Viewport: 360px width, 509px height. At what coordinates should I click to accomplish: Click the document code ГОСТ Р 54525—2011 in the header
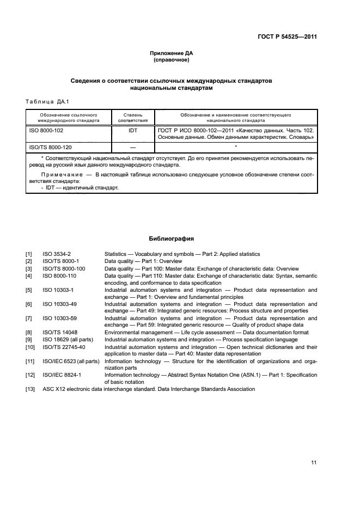pyautogui.click(x=288, y=37)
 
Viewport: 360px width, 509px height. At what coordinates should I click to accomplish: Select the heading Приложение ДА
pyautogui.click(x=172, y=53)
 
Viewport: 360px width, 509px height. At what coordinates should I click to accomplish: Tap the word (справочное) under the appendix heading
pyautogui.click(x=172, y=60)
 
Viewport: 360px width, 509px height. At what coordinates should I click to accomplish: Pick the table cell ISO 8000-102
pyautogui.click(x=46, y=131)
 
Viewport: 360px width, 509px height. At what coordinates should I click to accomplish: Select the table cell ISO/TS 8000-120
pyautogui.click(x=50, y=147)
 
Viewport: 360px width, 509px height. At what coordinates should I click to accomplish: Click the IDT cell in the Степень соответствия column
pyautogui.click(x=133, y=131)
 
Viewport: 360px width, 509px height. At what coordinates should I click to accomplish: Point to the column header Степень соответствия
pyautogui.click(x=133, y=118)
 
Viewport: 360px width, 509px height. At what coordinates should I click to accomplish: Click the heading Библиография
pyautogui.click(x=172, y=238)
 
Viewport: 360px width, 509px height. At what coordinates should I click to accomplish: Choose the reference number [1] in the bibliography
pyautogui.click(x=29, y=254)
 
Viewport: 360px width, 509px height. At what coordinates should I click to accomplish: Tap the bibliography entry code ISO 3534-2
pyautogui.click(x=57, y=254)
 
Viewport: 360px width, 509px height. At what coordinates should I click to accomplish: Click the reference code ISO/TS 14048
pyautogui.click(x=59, y=333)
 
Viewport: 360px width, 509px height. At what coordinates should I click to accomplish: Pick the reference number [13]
pyautogui.click(x=30, y=389)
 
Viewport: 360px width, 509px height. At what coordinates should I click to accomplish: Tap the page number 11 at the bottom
pyautogui.click(x=314, y=463)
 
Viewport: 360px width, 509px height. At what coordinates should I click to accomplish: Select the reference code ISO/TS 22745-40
pyautogui.click(x=64, y=347)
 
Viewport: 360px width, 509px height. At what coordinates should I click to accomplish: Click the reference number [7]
pyautogui.click(x=29, y=318)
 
